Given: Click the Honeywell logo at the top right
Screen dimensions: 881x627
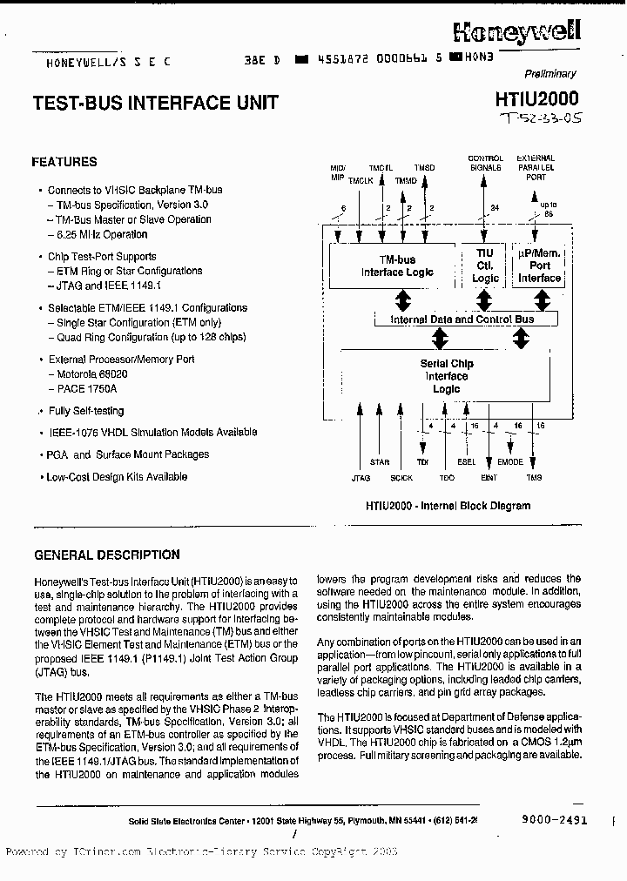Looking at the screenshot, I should [517, 32].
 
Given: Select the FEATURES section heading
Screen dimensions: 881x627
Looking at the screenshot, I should [64, 162].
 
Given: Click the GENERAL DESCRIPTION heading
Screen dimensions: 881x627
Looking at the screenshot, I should [106, 555].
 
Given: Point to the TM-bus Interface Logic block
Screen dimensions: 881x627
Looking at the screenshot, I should [396, 266].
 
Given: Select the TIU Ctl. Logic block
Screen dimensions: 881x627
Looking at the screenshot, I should [485, 266].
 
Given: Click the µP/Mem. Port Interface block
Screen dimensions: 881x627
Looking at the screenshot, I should [540, 266].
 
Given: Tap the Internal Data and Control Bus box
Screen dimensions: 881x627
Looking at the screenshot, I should [462, 319].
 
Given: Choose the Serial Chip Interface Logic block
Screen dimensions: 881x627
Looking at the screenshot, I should [446, 376].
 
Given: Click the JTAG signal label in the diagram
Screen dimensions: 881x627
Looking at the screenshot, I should [361, 478].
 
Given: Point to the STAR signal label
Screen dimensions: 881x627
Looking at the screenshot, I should [380, 462].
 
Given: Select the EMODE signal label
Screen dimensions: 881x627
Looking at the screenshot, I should [509, 462].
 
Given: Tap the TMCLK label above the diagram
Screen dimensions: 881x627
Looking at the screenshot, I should [361, 180].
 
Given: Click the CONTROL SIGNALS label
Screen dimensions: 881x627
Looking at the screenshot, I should [485, 163].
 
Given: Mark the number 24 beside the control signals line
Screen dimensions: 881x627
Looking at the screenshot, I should [496, 207].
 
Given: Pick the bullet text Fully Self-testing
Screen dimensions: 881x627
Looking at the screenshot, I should [86, 411].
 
